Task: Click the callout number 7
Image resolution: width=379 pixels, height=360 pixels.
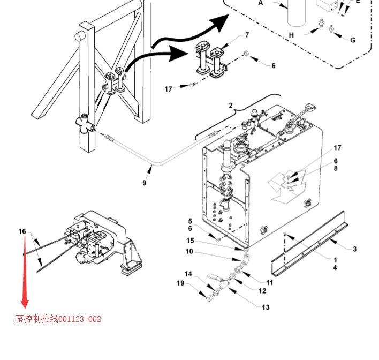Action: point(247,35)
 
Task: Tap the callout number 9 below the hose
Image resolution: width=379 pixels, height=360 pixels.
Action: point(145,183)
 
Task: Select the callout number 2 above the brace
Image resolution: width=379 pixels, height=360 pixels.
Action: point(231,106)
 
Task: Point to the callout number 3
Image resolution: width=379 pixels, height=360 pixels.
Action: point(354,249)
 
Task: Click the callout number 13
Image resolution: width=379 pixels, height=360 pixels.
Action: point(266,307)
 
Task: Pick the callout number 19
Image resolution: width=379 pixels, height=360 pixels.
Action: point(180,283)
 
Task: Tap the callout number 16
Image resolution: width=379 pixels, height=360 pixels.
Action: point(22,232)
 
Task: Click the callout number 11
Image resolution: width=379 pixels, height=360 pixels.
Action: point(269,282)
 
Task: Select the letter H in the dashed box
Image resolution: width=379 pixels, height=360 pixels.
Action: point(292,35)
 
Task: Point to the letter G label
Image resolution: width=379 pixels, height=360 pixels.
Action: point(353,40)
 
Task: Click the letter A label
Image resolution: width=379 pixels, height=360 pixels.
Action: point(260,3)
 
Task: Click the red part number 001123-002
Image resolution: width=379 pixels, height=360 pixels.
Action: point(80,319)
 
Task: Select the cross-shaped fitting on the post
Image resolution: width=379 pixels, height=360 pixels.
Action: point(85,123)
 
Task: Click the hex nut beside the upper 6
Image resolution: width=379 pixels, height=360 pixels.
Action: point(246,53)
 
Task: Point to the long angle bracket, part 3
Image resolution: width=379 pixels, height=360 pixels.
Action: point(310,244)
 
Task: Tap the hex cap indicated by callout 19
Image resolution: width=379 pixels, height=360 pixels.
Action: point(209,298)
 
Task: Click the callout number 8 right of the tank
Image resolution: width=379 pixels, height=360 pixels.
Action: point(336,168)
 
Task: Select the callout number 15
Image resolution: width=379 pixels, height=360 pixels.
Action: point(190,241)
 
